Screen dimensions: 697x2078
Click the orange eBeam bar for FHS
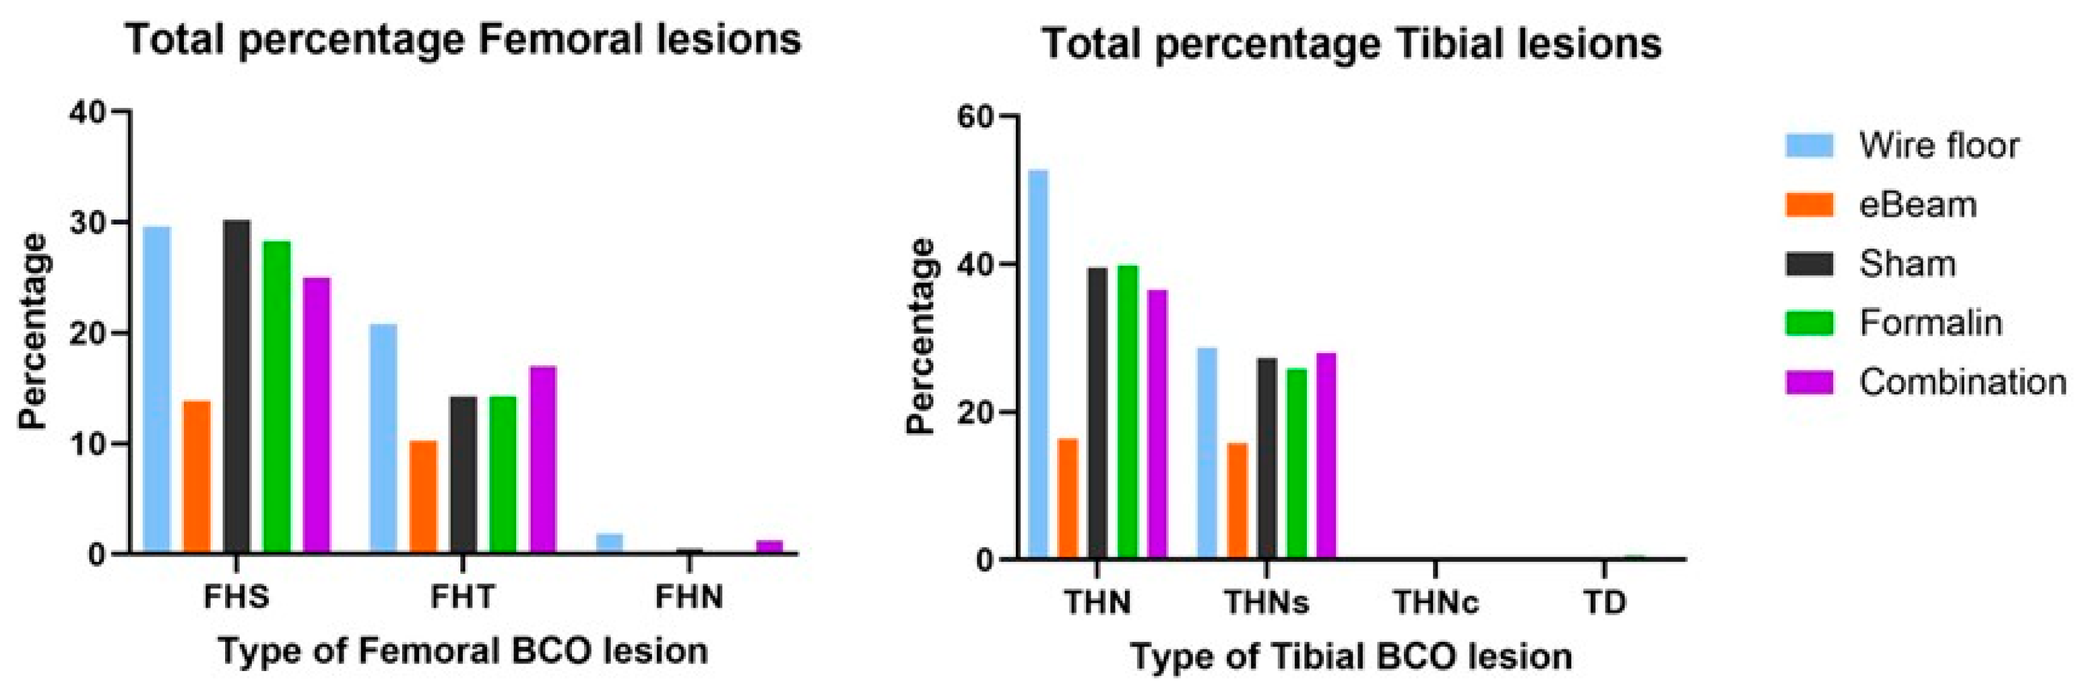(x=197, y=478)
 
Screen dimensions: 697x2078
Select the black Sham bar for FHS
(x=237, y=388)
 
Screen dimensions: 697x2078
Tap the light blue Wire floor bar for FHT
(x=383, y=440)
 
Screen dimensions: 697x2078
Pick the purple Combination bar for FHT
(x=543, y=460)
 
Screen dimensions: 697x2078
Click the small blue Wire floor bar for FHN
(x=610, y=544)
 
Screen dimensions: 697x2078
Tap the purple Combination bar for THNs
(x=1326, y=456)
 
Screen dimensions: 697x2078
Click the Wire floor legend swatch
(x=1809, y=146)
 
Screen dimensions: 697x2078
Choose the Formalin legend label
(x=1931, y=323)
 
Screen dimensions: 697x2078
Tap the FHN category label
(x=689, y=598)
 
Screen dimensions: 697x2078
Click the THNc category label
(x=1436, y=603)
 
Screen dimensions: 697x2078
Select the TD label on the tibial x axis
(x=1604, y=603)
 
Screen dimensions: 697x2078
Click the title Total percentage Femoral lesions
(x=463, y=41)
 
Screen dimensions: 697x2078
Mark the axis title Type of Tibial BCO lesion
(x=1351, y=656)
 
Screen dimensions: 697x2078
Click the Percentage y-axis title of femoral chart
(x=34, y=331)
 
